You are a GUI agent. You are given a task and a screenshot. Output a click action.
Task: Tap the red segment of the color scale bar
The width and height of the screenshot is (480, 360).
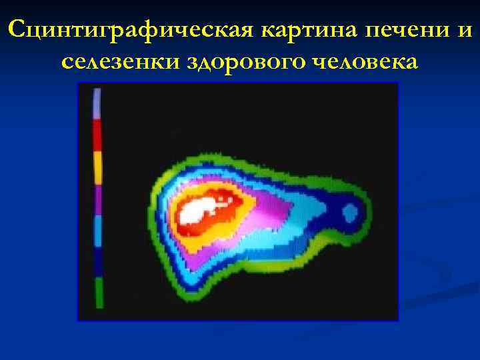click(97, 136)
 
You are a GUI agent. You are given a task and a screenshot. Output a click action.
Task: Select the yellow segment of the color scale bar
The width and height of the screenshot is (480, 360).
click(97, 168)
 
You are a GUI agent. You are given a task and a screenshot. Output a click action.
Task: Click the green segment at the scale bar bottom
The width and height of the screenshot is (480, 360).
click(99, 293)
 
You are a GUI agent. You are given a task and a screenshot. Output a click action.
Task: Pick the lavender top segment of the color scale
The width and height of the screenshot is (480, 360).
click(97, 104)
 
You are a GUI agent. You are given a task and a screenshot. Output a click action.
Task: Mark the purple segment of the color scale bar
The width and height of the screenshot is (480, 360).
click(98, 200)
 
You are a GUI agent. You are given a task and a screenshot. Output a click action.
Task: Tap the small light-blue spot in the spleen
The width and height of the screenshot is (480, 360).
click(350, 213)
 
